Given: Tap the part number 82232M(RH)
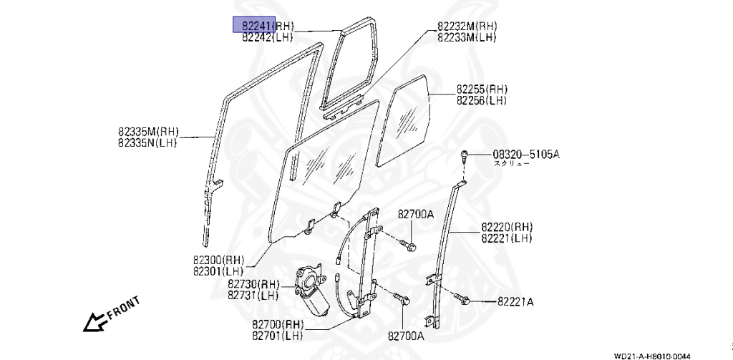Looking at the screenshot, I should tap(467, 26).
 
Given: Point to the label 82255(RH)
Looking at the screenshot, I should tap(482, 89).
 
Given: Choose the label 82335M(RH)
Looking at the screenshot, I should tap(148, 132).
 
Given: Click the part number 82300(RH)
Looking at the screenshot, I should tap(218, 259).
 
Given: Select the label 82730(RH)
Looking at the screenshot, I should tap(253, 284).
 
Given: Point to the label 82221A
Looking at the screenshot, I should tap(515, 302).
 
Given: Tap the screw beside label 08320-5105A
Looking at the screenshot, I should tap(464, 155).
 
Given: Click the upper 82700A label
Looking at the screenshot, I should tap(417, 214).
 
